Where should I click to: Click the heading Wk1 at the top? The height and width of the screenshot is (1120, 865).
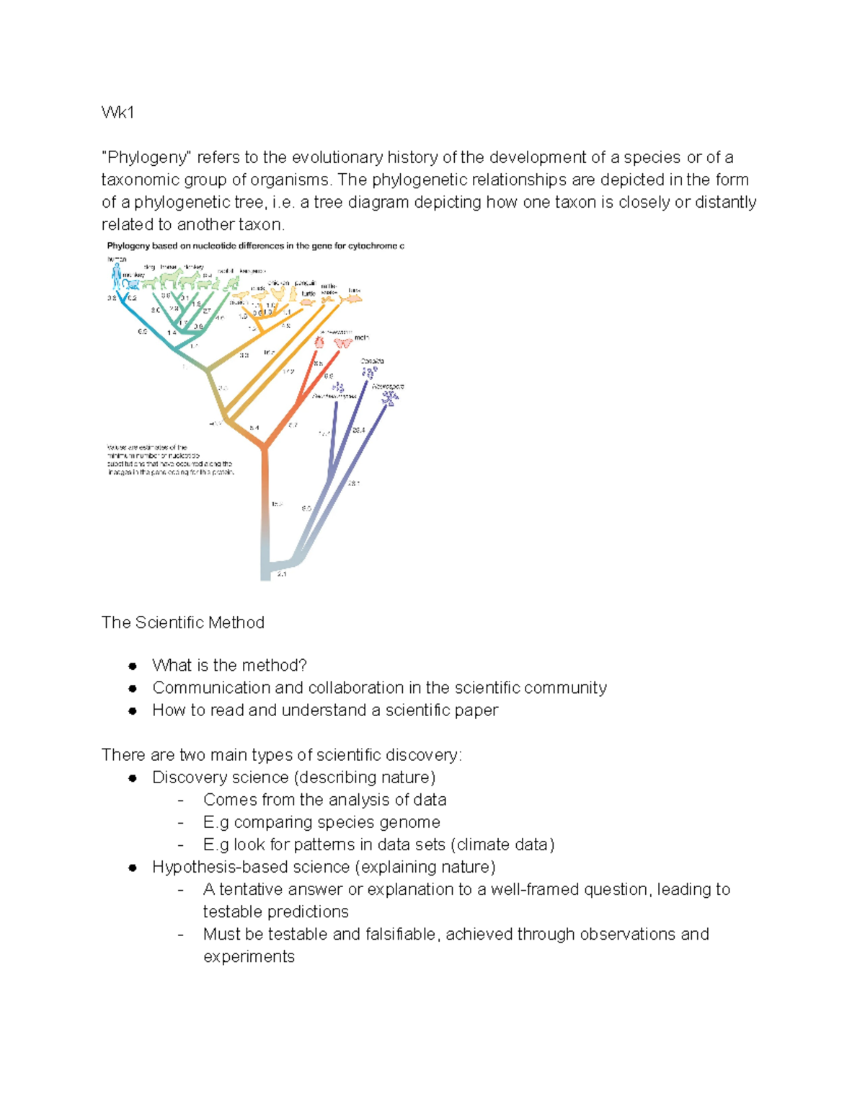pos(117,113)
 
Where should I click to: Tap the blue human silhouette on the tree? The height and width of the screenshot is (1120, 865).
pos(117,275)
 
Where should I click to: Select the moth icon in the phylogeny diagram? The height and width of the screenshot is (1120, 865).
pos(342,343)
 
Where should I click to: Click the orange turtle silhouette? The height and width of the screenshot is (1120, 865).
pos(308,301)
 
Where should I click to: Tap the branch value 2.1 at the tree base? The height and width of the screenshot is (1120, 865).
pos(281,574)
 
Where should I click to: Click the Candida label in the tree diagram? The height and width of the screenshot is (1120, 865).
pos(372,361)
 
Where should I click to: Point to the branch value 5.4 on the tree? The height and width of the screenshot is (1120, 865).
pos(254,428)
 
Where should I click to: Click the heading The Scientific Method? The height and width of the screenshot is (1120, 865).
pos(183,622)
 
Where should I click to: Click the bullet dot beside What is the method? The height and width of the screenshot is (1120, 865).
pos(133,666)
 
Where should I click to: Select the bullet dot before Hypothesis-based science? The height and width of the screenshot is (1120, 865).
pos(133,868)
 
